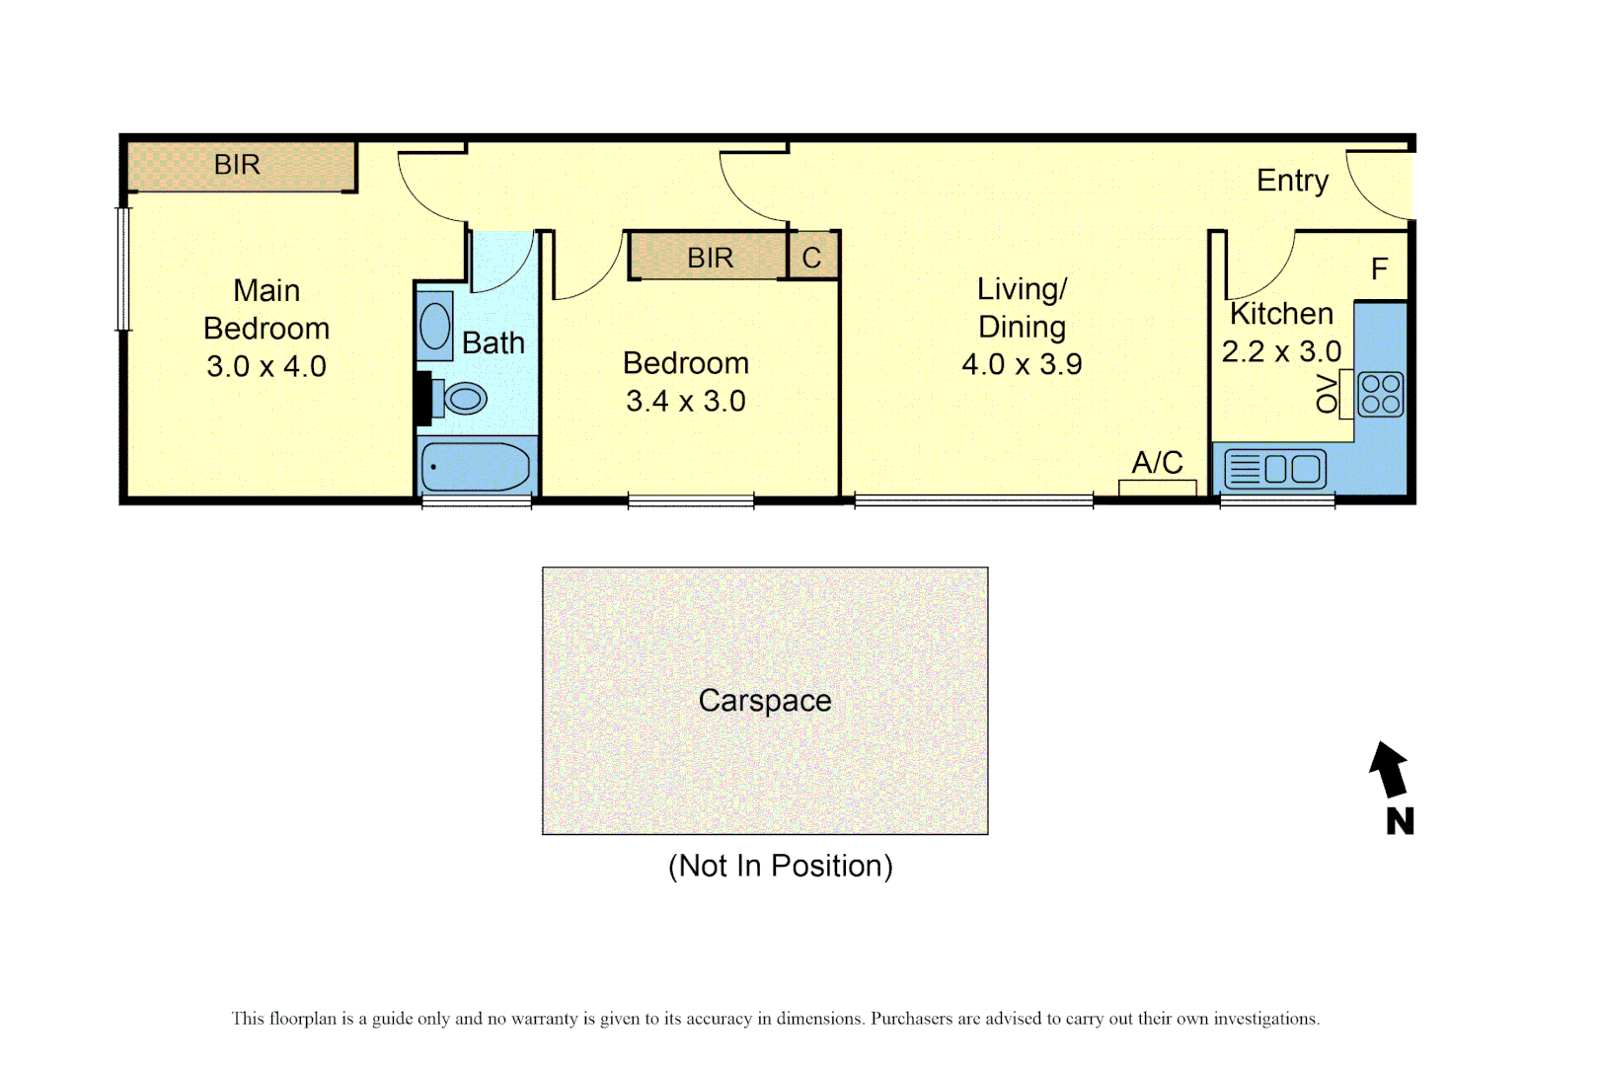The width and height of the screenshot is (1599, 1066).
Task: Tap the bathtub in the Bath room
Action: (x=476, y=467)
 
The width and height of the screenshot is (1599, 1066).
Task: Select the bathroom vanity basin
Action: (x=434, y=326)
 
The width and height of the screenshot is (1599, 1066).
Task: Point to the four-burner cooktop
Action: (x=1380, y=394)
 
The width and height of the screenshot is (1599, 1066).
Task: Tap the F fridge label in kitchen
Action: (x=1379, y=268)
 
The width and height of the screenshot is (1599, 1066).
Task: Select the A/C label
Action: (x=1157, y=462)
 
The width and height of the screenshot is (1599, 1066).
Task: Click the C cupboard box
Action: (x=812, y=258)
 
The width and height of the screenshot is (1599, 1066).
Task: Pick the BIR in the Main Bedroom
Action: (x=238, y=165)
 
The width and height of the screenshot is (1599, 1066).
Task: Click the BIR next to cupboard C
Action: (x=710, y=258)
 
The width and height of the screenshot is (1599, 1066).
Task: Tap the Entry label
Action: (x=1292, y=181)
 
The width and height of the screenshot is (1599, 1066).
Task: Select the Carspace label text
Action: (x=764, y=700)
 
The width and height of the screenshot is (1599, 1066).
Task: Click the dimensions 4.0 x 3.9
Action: (x=1022, y=364)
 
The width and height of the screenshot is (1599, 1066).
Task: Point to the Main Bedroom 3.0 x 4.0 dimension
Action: (x=266, y=366)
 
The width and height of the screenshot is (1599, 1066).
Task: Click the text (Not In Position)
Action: (x=780, y=866)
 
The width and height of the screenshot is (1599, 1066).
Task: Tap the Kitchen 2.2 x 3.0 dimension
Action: (x=1281, y=351)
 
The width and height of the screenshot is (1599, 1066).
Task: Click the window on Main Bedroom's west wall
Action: (x=123, y=268)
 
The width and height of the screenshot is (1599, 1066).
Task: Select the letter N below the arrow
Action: (x=1400, y=821)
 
